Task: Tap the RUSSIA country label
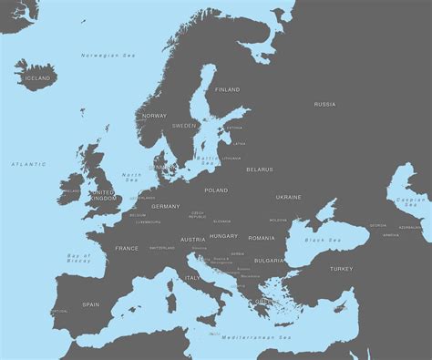tap(324, 105)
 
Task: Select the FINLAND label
tap(228, 90)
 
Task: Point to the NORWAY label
tap(155, 116)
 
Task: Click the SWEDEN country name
tap(184, 126)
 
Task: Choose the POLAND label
tap(216, 190)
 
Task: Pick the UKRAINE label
tap(289, 197)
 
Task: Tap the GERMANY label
tap(166, 207)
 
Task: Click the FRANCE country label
tap(127, 248)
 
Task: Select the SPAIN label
tap(91, 304)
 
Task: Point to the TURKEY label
tap(341, 269)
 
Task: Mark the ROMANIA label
tap(262, 238)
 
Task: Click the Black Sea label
tap(322, 240)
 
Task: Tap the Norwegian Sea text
tap(108, 56)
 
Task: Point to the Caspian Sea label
tap(412, 202)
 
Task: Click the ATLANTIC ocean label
tap(28, 164)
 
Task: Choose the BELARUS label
tap(260, 170)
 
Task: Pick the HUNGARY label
tap(223, 236)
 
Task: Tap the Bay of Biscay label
tap(79, 259)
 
